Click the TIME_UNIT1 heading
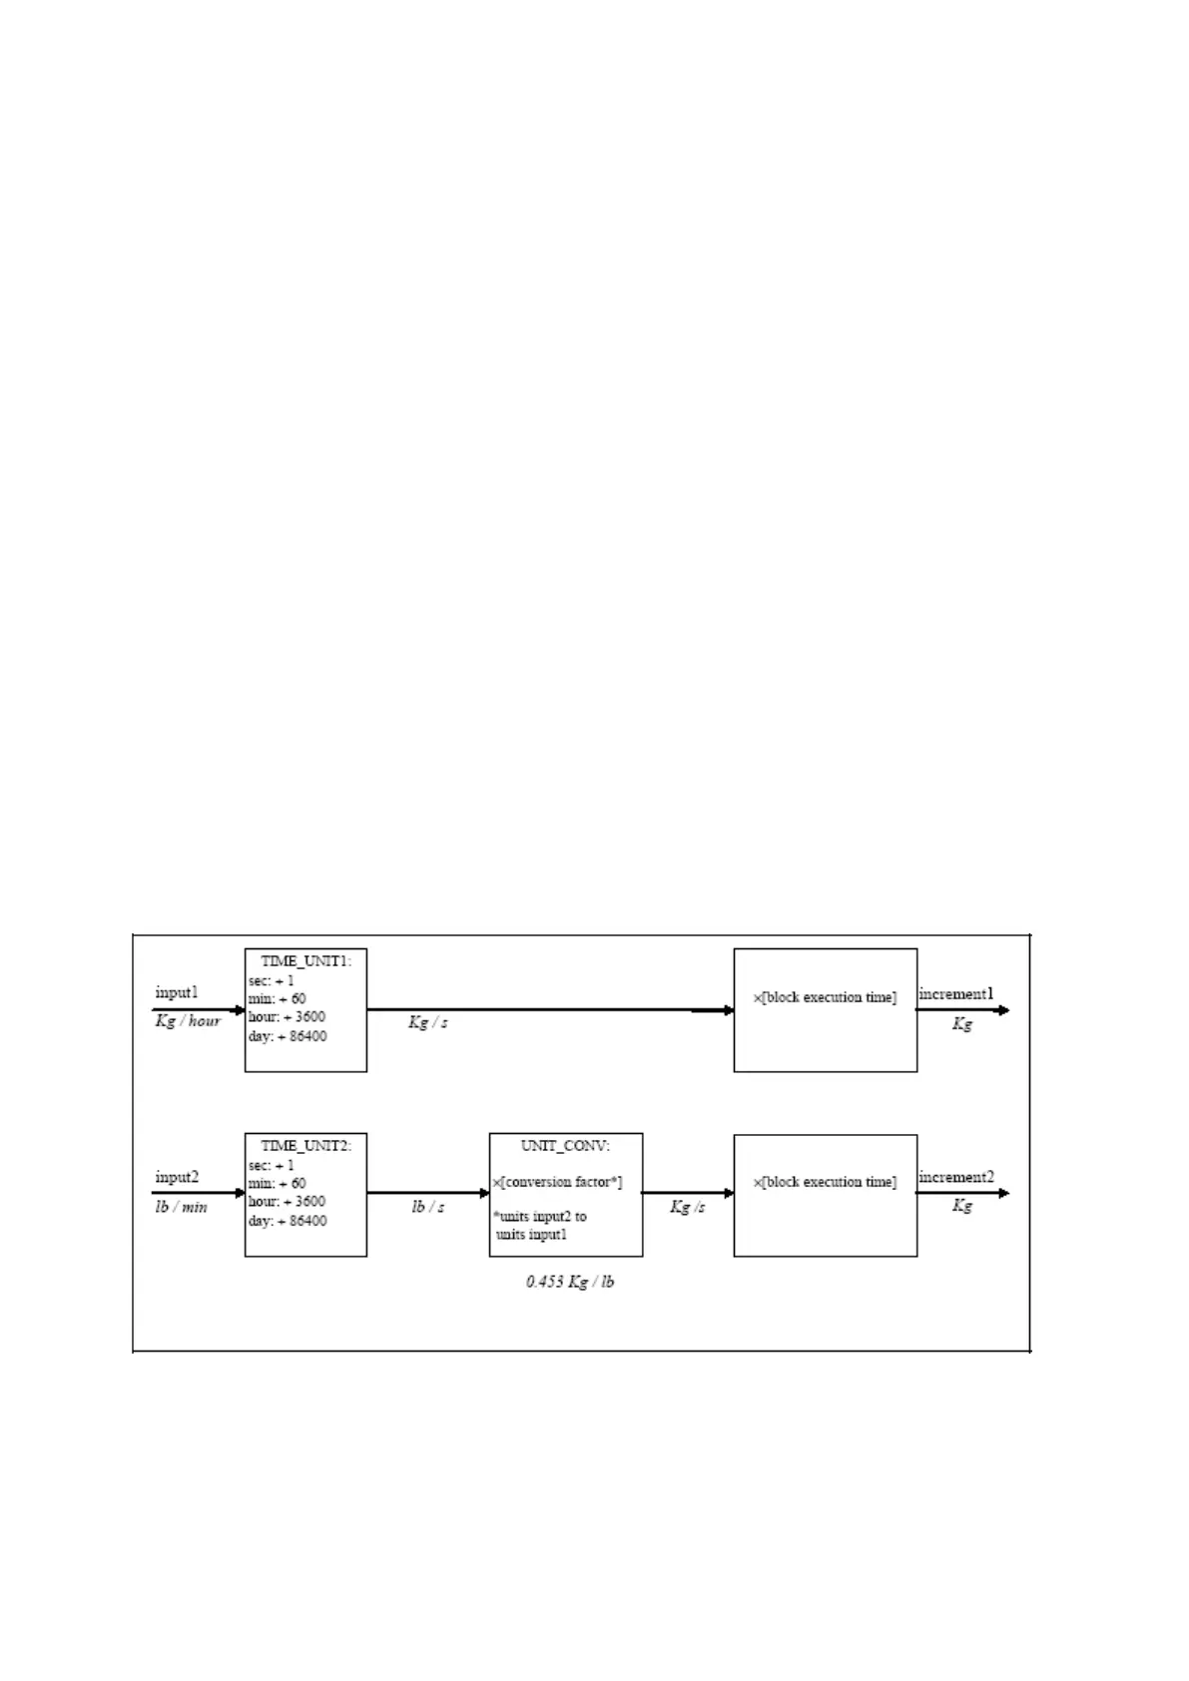305,961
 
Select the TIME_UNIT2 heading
305,1146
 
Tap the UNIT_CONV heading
565,1146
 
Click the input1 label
177,992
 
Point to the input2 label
177,1177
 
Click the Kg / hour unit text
188,1021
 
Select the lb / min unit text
181,1207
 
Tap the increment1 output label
956,993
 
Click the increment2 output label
956,1177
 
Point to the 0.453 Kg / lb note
570,1282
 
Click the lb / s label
428,1207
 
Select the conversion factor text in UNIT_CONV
558,1182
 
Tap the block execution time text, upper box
825,997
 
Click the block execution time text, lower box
825,1182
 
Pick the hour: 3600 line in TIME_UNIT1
287,1017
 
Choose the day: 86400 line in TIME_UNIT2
288,1221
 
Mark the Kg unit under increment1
961,1023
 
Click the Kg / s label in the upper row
428,1022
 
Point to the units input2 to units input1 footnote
541,1226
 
